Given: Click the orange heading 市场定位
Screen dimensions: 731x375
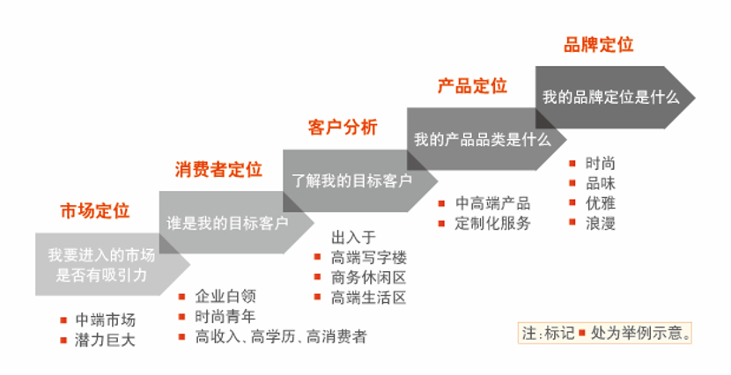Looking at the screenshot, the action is click(x=94, y=211).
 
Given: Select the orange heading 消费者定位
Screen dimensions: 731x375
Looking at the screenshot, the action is click(x=218, y=170).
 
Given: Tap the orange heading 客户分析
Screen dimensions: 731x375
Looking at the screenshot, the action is click(x=343, y=128).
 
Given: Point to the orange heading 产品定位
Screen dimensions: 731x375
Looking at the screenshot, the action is click(x=472, y=86).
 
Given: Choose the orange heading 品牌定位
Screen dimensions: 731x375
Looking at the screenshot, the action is click(x=599, y=45).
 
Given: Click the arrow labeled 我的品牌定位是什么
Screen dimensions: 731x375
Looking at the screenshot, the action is click(x=615, y=98).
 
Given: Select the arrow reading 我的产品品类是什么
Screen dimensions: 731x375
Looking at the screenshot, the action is click(x=487, y=139).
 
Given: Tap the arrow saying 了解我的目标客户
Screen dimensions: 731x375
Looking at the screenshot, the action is click(x=360, y=180).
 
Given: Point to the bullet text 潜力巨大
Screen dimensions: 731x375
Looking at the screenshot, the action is click(x=105, y=340).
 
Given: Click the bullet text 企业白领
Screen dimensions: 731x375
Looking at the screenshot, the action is click(x=225, y=297).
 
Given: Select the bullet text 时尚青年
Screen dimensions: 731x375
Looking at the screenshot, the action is click(x=225, y=317).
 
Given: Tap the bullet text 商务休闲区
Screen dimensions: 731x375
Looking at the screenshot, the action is click(x=369, y=277).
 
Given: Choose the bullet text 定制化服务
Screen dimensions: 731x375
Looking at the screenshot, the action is click(x=493, y=224).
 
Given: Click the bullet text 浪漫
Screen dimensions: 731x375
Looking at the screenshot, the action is click(x=601, y=223).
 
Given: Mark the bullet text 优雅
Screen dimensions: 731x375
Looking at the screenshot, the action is click(x=601, y=203).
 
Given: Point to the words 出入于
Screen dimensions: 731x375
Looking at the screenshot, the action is click(x=353, y=238).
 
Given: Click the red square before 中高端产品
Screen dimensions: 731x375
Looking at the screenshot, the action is click(x=441, y=203).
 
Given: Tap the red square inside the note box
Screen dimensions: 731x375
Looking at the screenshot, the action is click(x=582, y=334).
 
